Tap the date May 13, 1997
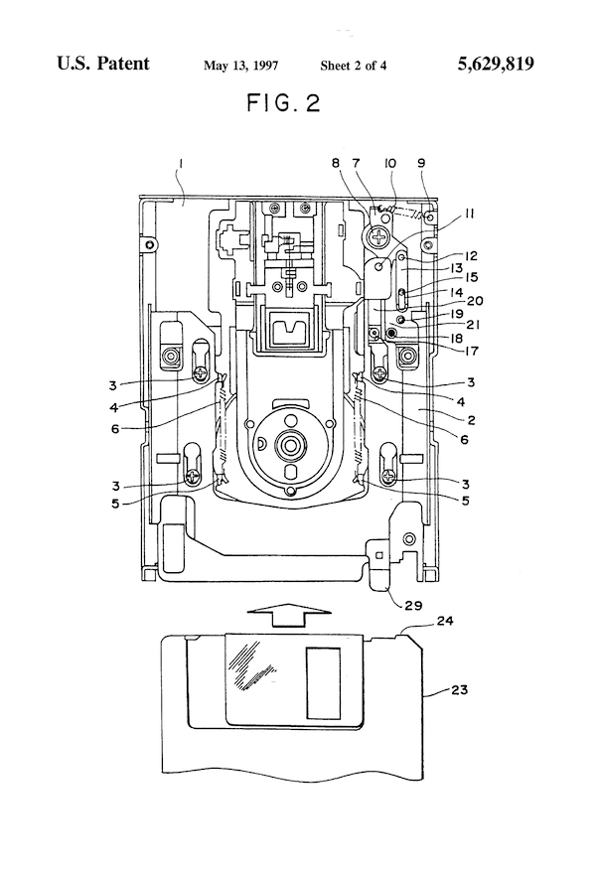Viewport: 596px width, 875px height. (240, 67)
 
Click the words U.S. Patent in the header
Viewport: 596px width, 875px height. (104, 65)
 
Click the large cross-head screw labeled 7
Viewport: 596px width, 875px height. (380, 235)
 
